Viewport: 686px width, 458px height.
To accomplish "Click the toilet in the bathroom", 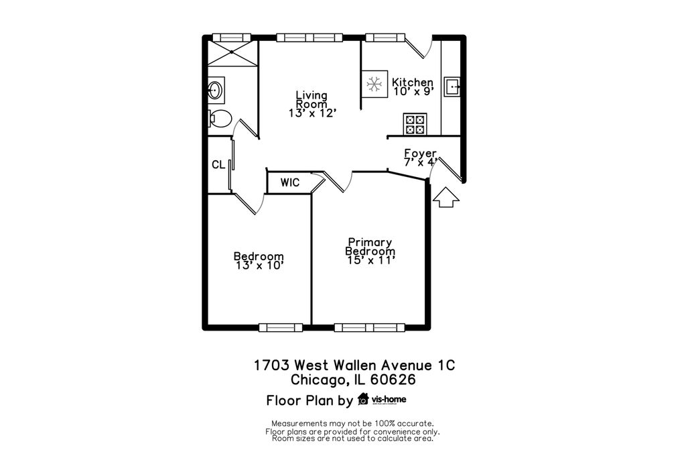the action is (220, 118).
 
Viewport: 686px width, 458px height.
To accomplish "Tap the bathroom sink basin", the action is (215, 91).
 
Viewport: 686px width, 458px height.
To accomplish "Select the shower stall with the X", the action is (232, 52).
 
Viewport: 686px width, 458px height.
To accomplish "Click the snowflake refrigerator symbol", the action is (374, 84).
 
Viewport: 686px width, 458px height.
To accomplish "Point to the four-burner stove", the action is (415, 124).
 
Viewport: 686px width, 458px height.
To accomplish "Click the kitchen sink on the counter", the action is (452, 87).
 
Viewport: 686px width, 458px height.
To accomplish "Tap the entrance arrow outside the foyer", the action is (445, 197).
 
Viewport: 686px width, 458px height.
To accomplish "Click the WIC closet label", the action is (290, 182).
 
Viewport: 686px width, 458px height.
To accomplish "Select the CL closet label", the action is (218, 165).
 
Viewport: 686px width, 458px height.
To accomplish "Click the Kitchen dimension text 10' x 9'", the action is (413, 91).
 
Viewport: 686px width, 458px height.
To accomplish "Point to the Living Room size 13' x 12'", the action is (312, 113).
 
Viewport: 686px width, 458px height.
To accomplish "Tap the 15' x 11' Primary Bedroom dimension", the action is (371, 260).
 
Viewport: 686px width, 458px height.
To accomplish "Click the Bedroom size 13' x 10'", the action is (260, 266).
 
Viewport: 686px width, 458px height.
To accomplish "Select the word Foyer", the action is (421, 154).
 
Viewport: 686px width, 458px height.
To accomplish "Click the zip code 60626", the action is (393, 379).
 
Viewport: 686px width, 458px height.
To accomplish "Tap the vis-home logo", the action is (382, 400).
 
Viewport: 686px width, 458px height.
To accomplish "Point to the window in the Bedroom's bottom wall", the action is (281, 327).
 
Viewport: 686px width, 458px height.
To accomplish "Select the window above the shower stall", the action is (231, 38).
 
